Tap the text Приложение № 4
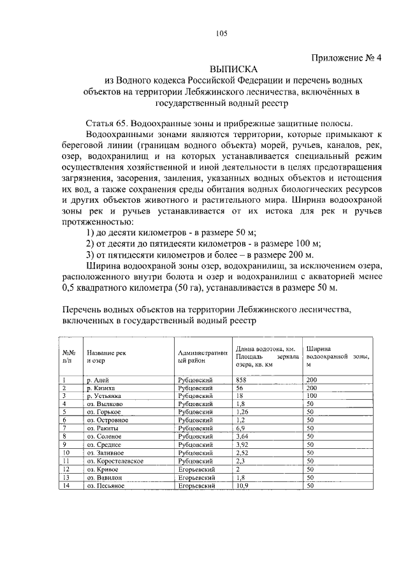tap(346, 57)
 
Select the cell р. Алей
tap(98, 380)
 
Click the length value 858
tap(241, 380)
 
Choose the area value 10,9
tap(242, 486)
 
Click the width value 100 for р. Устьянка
tap(312, 396)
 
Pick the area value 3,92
tap(242, 444)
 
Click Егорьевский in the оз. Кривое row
tap(197, 469)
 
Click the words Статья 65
tap(106, 123)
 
